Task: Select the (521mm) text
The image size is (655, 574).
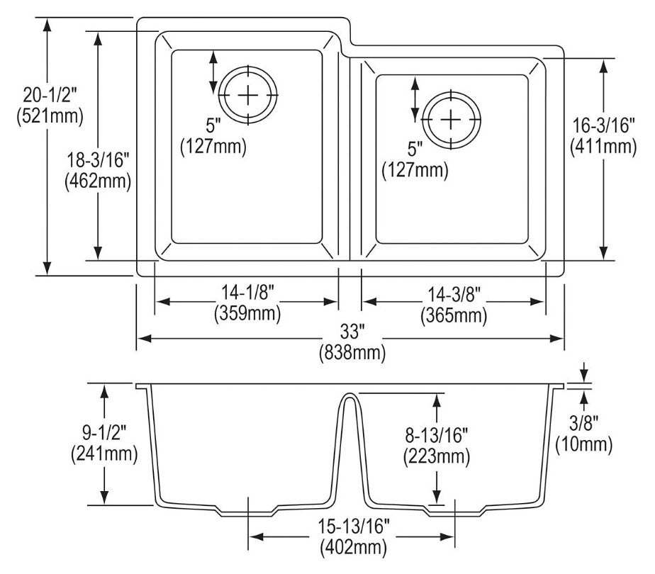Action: coord(50,116)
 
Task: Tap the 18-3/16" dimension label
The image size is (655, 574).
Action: coord(99,160)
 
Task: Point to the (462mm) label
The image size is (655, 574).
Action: coord(98,181)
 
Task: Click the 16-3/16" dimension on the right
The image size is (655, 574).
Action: coord(604,125)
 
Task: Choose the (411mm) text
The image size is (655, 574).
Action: coord(604,146)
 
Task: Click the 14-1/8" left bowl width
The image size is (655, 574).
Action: coord(247,293)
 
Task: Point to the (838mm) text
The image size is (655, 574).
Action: coord(352,353)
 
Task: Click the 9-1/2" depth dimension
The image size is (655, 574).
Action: coord(104,433)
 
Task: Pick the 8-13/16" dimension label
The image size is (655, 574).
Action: coord(437,436)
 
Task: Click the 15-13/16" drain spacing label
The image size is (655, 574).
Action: coord(354,527)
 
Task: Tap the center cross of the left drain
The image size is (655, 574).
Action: coord(248,96)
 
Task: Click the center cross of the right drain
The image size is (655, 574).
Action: coord(451,120)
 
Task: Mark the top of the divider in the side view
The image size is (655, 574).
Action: coord(348,393)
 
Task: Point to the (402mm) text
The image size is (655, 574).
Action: coord(354,547)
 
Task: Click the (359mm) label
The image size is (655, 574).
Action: coord(247,313)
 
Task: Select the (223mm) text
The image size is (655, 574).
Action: coord(437,456)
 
